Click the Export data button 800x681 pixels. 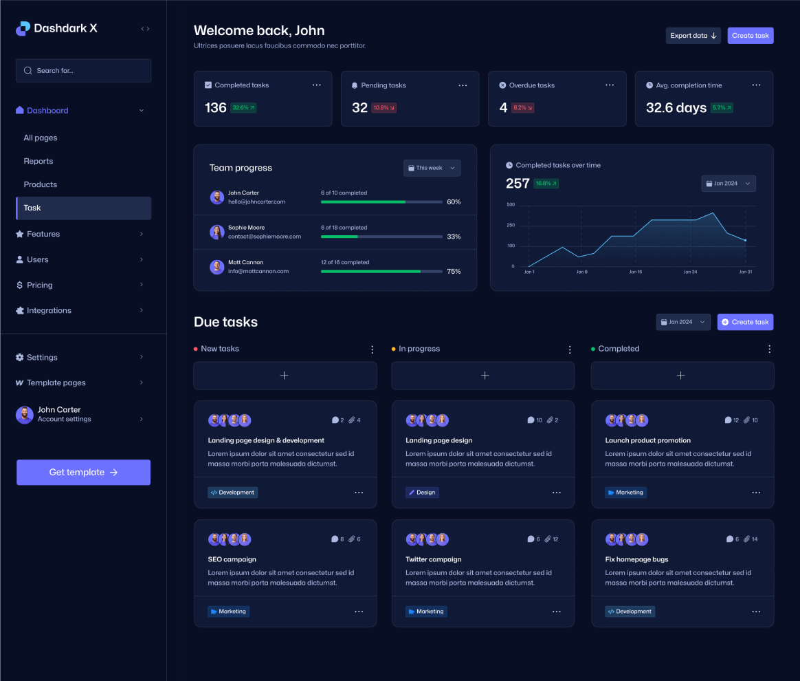tap(693, 36)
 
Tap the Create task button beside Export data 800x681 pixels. tap(750, 36)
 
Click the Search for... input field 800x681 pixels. tap(83, 71)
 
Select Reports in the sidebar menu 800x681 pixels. tap(38, 161)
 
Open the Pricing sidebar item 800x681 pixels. tap(40, 285)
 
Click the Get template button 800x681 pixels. tap(83, 473)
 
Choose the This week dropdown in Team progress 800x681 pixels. tap(432, 168)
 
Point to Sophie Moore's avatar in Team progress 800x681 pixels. tap(217, 233)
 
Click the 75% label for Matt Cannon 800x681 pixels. tap(454, 272)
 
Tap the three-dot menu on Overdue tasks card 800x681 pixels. tap(610, 85)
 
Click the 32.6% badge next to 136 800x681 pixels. tap(243, 108)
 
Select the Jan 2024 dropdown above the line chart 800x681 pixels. tap(728, 184)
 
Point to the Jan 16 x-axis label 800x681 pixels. tap(635, 272)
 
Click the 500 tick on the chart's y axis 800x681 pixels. tap(510, 205)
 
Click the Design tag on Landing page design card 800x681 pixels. tap(422, 493)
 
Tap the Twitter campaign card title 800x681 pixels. tap(434, 559)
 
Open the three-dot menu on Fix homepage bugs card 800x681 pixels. tap(756, 612)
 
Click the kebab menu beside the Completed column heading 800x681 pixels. tap(769, 349)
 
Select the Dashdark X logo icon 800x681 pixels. tap(23, 28)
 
